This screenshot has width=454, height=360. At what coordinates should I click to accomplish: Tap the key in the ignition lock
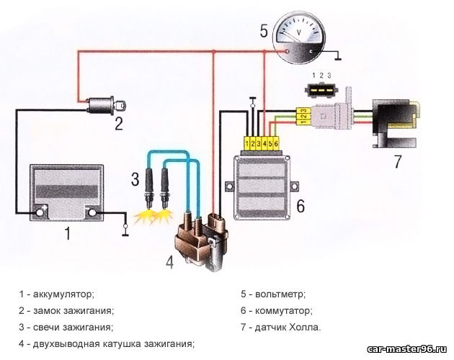coord(120,105)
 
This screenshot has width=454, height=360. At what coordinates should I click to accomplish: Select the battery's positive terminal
coord(39,212)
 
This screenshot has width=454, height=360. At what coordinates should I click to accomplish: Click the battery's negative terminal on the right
coord(92,212)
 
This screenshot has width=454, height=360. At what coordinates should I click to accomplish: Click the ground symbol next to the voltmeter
coord(337,58)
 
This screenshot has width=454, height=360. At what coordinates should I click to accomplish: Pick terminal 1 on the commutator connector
coord(246,143)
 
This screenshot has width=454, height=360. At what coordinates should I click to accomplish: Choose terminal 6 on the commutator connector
coord(276,143)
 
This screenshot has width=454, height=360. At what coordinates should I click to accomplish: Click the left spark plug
coord(149,188)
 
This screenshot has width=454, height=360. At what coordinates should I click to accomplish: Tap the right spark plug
coord(165,188)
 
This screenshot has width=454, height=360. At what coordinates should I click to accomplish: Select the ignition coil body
coord(201,243)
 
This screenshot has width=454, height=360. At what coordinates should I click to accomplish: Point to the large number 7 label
coord(398,162)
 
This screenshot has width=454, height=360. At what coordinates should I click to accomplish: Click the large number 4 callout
coord(169,263)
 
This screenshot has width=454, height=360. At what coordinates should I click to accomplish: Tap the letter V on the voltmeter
coord(299,31)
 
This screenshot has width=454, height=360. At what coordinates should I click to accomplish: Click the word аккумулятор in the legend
coord(63,294)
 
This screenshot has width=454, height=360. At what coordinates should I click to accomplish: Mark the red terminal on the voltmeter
coord(287,52)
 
